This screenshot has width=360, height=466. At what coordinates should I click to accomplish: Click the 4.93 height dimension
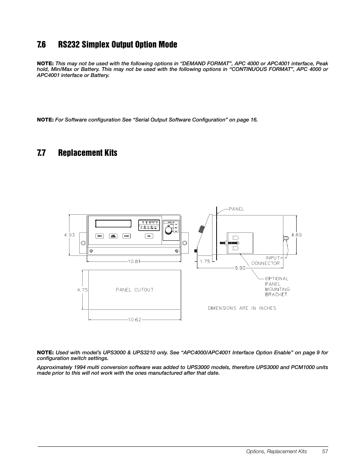pyautogui.click(x=69, y=235)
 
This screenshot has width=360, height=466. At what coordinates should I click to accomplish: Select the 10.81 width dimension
pyautogui.click(x=134, y=261)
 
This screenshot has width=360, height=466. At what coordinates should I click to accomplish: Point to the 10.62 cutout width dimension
pyautogui.click(x=134, y=320)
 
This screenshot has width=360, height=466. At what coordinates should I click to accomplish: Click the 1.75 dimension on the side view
pyautogui.click(x=205, y=261)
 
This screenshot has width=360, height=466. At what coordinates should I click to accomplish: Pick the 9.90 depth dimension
pyautogui.click(x=240, y=268)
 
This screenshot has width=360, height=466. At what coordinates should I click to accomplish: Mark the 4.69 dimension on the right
pyautogui.click(x=296, y=235)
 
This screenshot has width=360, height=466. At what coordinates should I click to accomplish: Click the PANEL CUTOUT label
pyautogui.click(x=134, y=290)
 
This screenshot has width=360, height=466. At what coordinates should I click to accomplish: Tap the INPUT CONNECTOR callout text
pyautogui.click(x=266, y=261)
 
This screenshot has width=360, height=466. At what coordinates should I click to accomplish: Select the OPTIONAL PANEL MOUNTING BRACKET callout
pyautogui.click(x=277, y=286)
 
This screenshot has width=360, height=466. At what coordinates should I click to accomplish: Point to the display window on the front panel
pyautogui.click(x=114, y=224)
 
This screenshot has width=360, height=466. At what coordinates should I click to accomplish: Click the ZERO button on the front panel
pyautogui.click(x=100, y=236)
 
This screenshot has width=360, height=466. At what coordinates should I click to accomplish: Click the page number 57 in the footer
pyautogui.click(x=325, y=451)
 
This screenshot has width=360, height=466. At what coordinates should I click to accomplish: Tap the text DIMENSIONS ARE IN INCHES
pyautogui.click(x=242, y=308)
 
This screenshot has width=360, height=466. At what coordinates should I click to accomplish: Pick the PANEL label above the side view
pyautogui.click(x=237, y=209)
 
